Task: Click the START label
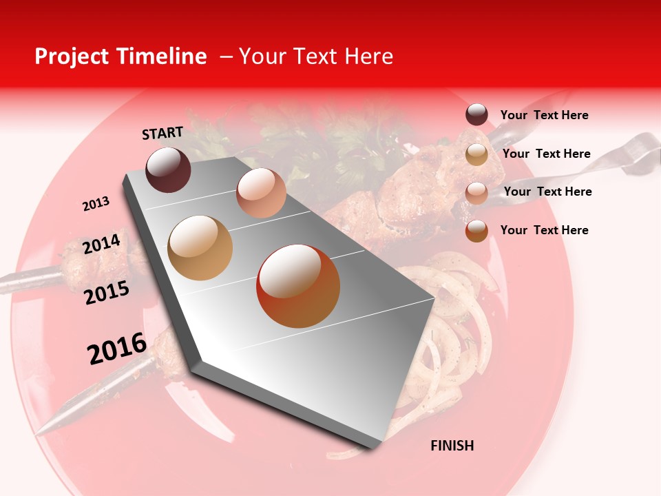point(162,133)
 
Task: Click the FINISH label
point(452,446)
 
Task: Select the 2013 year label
point(96,204)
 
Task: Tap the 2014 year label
point(101,244)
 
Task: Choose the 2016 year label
point(117,349)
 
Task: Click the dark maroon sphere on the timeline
point(168,169)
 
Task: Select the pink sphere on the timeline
point(261,193)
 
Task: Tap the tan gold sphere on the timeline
point(200,248)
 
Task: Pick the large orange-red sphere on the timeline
point(298,286)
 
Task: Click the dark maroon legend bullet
point(476,115)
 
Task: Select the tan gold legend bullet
point(476,154)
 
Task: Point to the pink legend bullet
point(476,193)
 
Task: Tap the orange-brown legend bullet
point(476,231)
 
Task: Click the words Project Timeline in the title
point(120,56)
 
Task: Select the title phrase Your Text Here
point(316,56)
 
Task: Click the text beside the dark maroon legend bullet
point(544,115)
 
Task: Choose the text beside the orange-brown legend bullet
point(544,230)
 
